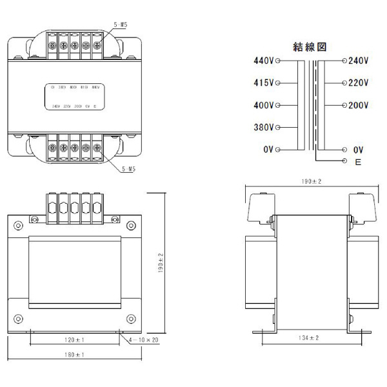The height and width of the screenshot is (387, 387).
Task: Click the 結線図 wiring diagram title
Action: click(312, 46)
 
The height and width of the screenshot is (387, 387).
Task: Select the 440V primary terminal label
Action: click(264, 61)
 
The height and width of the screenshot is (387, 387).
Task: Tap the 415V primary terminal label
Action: click(264, 83)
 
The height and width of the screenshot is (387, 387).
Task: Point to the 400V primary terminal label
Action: click(264, 105)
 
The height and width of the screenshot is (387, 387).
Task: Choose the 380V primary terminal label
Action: click(264, 127)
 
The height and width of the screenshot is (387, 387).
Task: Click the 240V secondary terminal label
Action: click(358, 61)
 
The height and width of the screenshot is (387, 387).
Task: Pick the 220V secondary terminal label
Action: click(358, 83)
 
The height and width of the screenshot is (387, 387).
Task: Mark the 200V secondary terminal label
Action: click(358, 105)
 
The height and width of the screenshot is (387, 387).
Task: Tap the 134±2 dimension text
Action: click(309, 338)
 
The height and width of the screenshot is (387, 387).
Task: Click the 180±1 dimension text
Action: click(75, 355)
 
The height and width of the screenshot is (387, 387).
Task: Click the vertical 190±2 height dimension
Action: click(162, 263)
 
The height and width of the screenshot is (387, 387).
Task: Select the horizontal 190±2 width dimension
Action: click(312, 183)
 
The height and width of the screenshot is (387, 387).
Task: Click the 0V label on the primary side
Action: click(269, 150)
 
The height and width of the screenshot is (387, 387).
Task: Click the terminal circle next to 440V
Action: click(278, 61)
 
